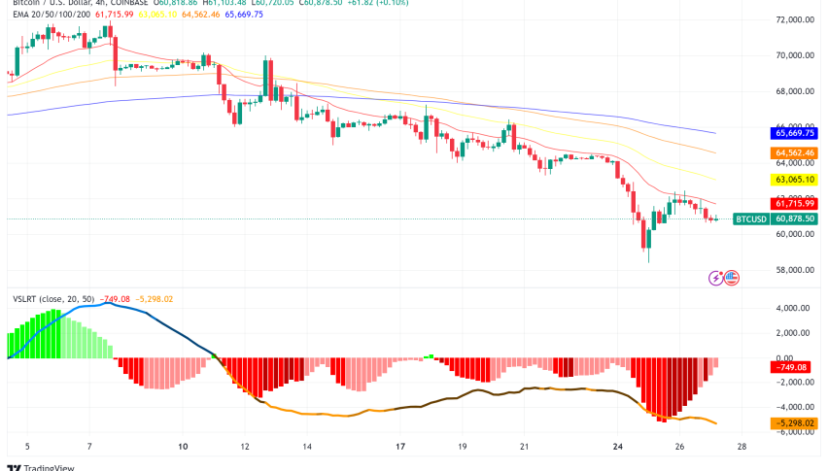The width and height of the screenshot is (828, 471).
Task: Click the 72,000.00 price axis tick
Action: point(794,19)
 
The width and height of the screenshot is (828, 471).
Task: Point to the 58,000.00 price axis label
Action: point(794,270)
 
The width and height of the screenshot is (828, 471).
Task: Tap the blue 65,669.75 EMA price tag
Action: point(795,133)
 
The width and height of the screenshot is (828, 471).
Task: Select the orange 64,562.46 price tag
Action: point(795,153)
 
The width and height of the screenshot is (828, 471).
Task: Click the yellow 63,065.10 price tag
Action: point(795,180)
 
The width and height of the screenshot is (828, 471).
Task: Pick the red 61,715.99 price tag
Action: point(795,203)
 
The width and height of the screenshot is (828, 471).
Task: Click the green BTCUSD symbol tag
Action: point(751,219)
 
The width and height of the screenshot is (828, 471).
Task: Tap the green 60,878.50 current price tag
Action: point(795,219)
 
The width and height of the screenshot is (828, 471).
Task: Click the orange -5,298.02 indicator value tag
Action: point(795,423)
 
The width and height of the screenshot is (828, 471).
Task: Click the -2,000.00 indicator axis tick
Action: point(795,383)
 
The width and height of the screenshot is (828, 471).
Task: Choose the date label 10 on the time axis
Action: point(183,447)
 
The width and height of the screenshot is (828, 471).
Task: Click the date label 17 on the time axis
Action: point(400,447)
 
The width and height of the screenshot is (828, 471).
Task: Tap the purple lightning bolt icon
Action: point(717,278)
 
